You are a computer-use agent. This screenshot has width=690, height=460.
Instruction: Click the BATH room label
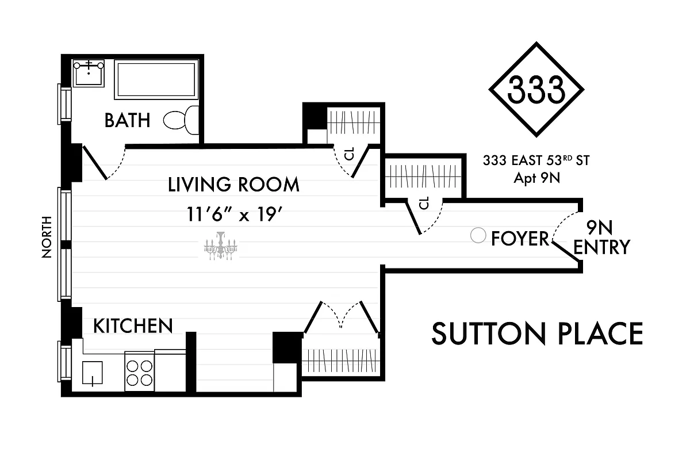pyautogui.click(x=127, y=120)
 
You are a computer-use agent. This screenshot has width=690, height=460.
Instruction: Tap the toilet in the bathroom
pyautogui.click(x=182, y=120)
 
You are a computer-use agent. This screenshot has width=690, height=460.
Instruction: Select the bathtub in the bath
pyautogui.click(x=156, y=80)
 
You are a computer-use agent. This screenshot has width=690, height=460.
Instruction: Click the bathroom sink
pyautogui.click(x=89, y=73)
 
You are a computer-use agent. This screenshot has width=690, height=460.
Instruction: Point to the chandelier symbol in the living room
pyautogui.click(x=220, y=246)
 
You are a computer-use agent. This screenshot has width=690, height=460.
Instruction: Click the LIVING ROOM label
pyautogui.click(x=233, y=185)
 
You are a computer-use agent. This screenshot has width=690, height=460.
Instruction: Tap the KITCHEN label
pyautogui.click(x=133, y=326)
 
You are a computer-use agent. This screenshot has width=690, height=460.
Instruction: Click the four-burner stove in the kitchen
pyautogui.click(x=139, y=372)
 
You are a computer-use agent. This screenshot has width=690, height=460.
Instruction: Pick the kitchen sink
pyautogui.click(x=92, y=373)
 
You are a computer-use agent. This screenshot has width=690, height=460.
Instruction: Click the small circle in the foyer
pyautogui.click(x=477, y=235)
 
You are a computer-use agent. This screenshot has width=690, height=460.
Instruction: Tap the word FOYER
pyautogui.click(x=520, y=238)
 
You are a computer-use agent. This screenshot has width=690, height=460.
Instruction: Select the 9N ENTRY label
pyautogui.click(x=601, y=237)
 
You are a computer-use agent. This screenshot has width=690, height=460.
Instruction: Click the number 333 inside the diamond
pyautogui.click(x=536, y=90)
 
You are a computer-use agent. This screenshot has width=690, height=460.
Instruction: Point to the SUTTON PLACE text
pyautogui.click(x=537, y=334)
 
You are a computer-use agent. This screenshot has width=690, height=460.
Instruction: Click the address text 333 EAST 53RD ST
pyautogui.click(x=536, y=160)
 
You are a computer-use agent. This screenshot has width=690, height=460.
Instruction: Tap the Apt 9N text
pyautogui.click(x=536, y=178)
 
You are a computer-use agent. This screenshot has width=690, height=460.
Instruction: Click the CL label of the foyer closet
pyautogui.click(x=425, y=204)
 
